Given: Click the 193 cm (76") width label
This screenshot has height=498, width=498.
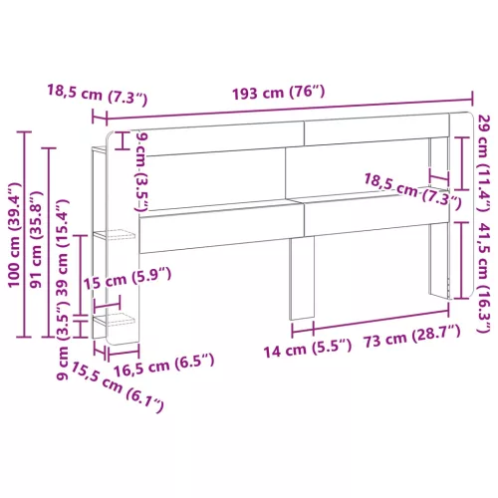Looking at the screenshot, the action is coord(278,93).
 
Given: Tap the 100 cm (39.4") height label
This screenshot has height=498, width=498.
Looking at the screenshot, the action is coord(15,235).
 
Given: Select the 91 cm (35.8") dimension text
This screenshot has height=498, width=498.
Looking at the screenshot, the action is coord(36,239).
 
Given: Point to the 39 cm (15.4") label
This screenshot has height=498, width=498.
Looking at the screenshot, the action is coord(63,247).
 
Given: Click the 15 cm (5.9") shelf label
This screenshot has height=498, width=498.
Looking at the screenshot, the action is coord(127,279).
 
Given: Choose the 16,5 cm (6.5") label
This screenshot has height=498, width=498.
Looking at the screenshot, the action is coord(163,366).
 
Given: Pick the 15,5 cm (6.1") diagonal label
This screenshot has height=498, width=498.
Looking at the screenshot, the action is coord(118,387).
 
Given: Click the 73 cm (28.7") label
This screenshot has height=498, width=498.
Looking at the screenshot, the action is coord(412,336).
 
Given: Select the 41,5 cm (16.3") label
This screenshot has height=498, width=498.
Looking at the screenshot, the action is coord(484,277).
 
